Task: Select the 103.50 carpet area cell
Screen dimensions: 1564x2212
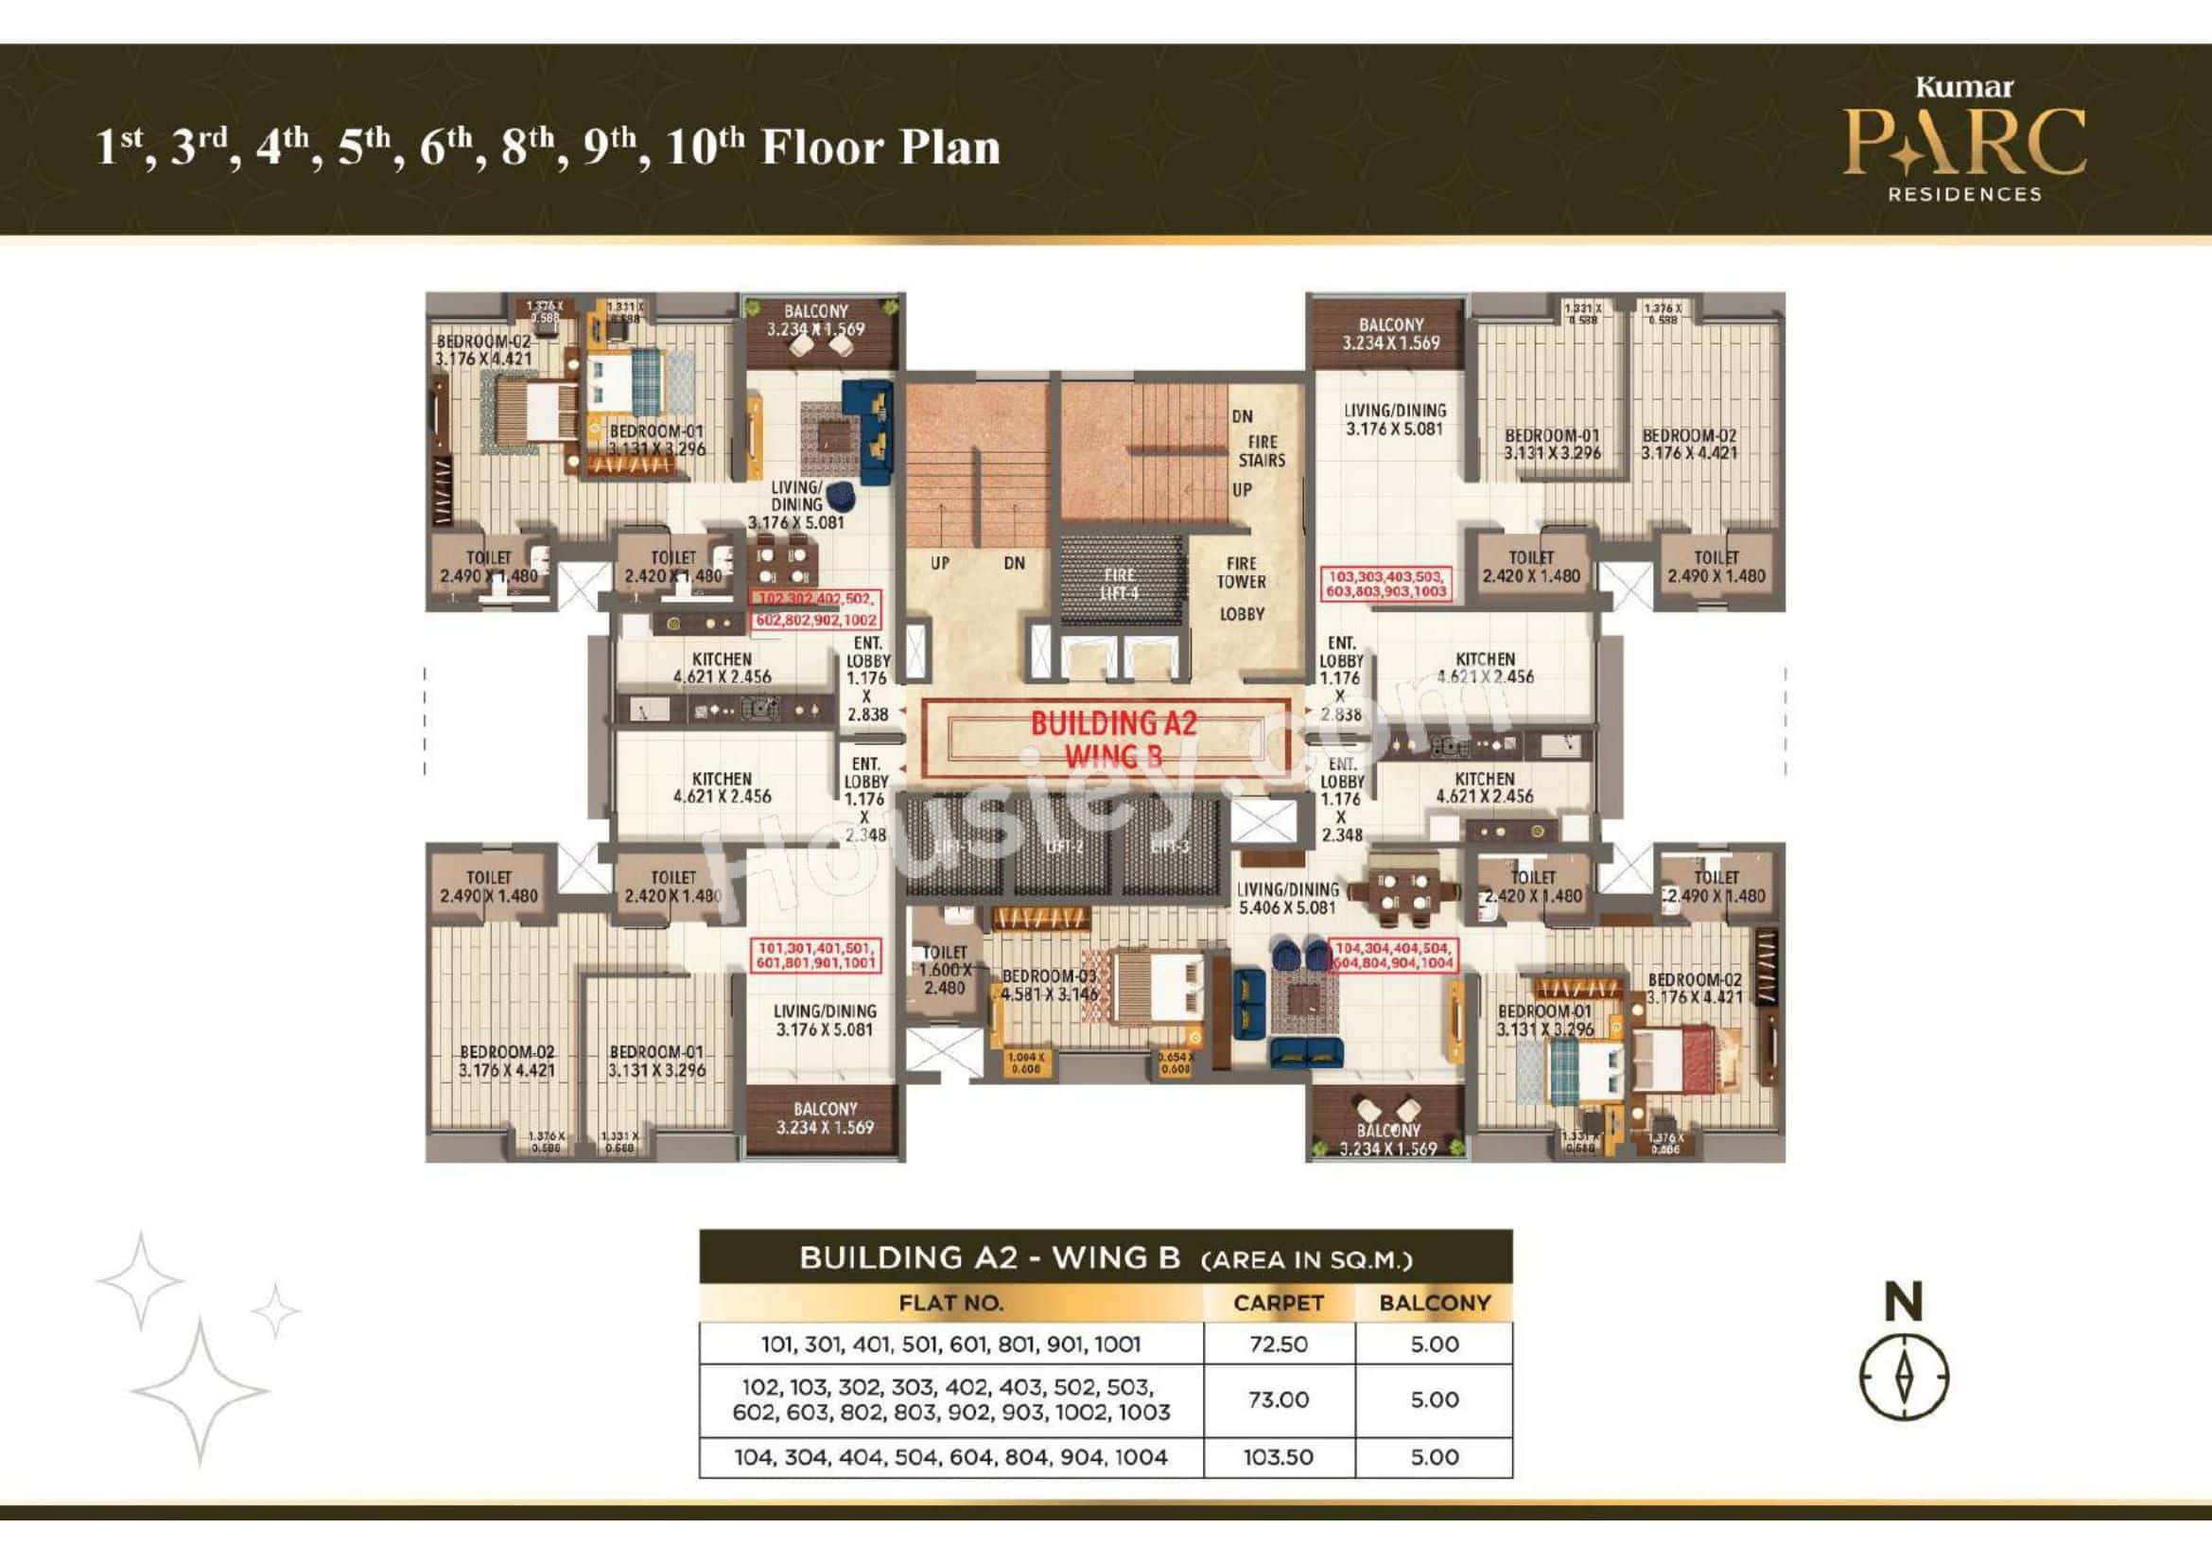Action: click(x=1279, y=1457)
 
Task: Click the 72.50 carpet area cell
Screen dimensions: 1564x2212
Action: click(x=1279, y=1344)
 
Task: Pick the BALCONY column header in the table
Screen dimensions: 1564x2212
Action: click(x=1434, y=1303)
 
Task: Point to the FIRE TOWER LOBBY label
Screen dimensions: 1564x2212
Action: click(x=1241, y=588)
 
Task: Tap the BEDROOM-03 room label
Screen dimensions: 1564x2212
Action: click(x=1049, y=985)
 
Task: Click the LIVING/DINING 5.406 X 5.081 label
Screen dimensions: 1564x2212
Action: click(x=1287, y=898)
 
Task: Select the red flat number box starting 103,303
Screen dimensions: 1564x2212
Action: click(x=1385, y=583)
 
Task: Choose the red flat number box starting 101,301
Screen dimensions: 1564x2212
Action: click(x=816, y=955)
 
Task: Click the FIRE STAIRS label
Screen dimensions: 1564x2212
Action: click(x=1262, y=451)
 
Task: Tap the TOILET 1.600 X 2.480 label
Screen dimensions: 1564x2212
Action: click(x=943, y=970)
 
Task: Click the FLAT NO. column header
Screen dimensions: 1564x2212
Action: click(x=949, y=1303)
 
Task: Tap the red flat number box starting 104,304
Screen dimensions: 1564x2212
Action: click(x=1392, y=955)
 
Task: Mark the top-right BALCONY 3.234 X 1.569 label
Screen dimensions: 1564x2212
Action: click(x=1390, y=333)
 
